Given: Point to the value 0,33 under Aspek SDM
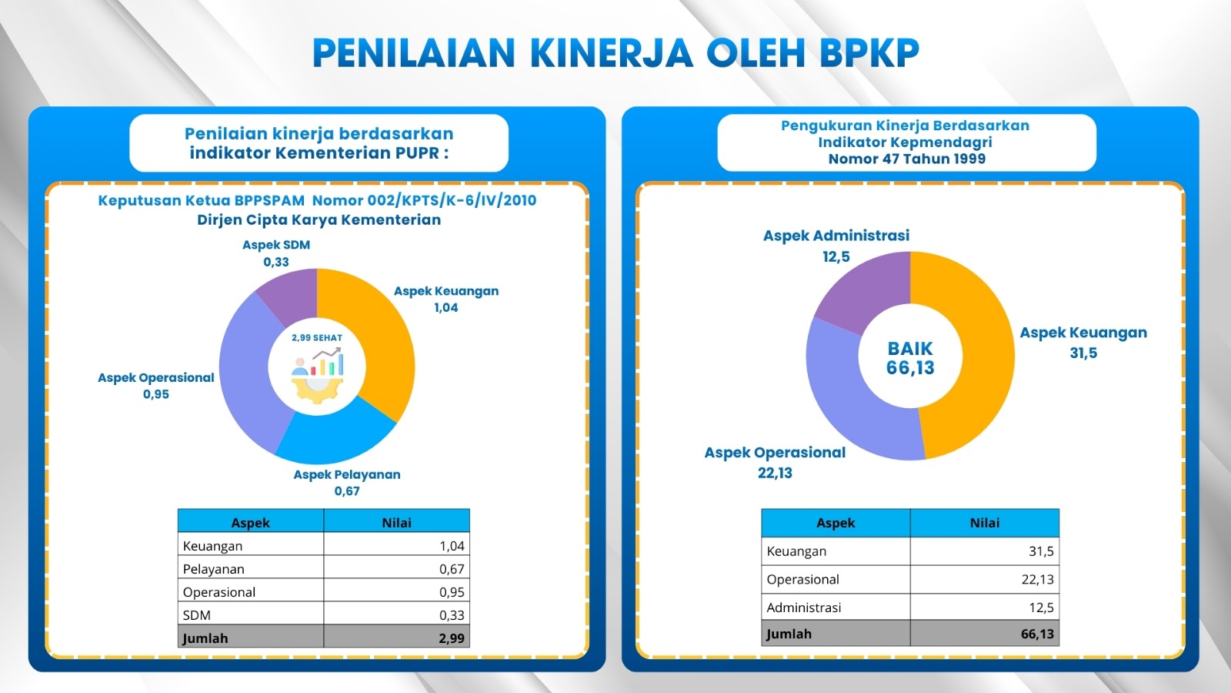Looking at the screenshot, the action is point(276,262).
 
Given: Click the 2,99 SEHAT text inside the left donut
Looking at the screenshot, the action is point(317,338).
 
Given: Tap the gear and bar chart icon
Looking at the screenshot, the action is point(317,376).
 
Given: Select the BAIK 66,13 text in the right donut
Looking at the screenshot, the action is point(910,358).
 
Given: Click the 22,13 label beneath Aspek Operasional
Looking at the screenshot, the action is point(775,473).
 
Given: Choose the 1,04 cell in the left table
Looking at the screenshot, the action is point(452,546).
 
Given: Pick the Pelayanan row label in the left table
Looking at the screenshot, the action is point(213,569).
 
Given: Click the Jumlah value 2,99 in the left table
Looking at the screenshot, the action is point(452,638).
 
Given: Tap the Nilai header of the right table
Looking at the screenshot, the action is point(984,523).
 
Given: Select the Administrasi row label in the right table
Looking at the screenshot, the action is point(803,608).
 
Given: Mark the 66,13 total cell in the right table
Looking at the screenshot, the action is point(1037,634).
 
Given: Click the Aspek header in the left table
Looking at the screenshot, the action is point(251,523).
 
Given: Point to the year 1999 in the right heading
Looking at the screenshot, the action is point(969,159).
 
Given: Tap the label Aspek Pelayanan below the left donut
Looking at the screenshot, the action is point(347,474).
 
